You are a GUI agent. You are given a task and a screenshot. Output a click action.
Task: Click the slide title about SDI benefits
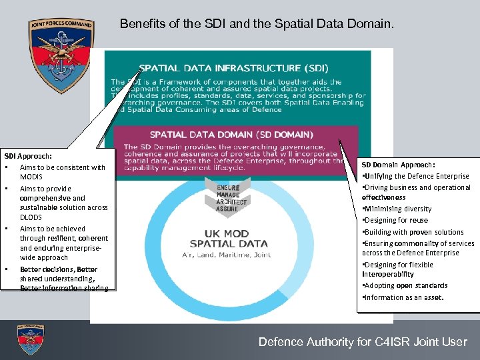(x=257, y=25)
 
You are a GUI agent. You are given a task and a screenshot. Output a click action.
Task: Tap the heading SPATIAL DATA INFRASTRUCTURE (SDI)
(x=233, y=68)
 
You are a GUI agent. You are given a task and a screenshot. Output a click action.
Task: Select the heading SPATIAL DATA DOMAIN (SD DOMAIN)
(x=231, y=134)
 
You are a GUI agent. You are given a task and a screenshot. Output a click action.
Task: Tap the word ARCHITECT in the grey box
(x=231, y=202)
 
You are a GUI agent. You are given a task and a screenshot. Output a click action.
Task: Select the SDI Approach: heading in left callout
(x=28, y=155)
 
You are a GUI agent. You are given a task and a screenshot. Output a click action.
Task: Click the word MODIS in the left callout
(x=31, y=177)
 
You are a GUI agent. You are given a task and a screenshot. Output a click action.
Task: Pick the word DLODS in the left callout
(x=31, y=217)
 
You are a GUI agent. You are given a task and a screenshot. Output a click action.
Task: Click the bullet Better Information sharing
(x=64, y=288)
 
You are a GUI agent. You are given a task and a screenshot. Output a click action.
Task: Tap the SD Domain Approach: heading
(x=398, y=164)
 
